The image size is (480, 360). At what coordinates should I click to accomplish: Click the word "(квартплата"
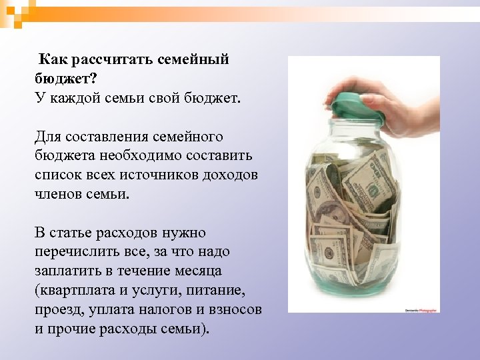(78, 291)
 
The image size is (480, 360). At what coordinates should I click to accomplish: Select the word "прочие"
(71, 329)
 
